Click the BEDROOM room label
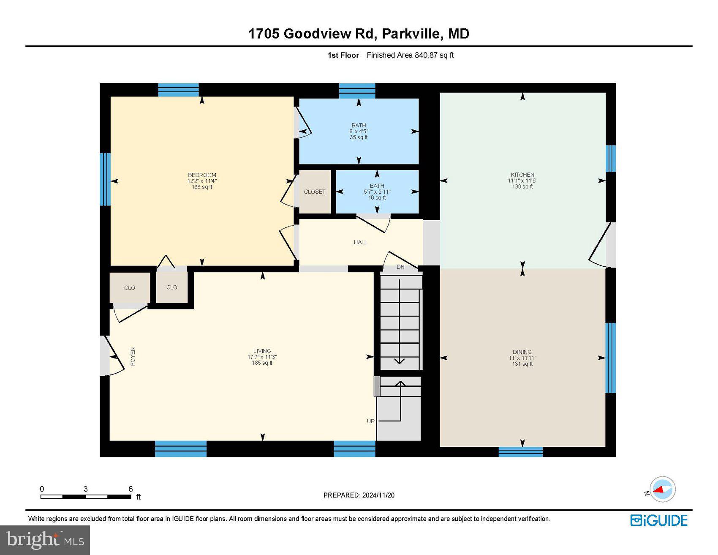[202, 175]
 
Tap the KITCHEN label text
[522, 175]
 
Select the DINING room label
[522, 352]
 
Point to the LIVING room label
[262, 351]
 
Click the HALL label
[360, 242]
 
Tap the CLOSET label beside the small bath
[315, 191]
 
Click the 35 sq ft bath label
[359, 131]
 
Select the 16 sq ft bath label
[377, 191]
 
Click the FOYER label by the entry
[133, 356]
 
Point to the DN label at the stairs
[400, 267]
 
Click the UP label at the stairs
[370, 421]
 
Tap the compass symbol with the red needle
[662, 489]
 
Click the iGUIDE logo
[659, 520]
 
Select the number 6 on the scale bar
[131, 489]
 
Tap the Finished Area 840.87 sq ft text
[410, 55]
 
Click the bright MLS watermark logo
[45, 540]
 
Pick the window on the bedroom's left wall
[105, 179]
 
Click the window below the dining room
[520, 452]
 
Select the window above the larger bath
[357, 90]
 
